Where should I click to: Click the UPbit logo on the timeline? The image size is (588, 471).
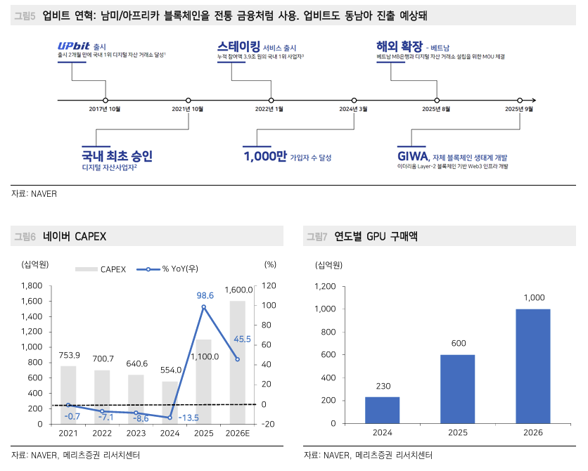click(x=72, y=45)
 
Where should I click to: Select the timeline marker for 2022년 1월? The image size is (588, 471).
click(x=269, y=101)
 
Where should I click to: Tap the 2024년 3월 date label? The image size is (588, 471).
click(x=352, y=109)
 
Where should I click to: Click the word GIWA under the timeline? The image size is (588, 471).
click(x=414, y=156)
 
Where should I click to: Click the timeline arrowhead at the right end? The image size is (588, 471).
click(x=533, y=101)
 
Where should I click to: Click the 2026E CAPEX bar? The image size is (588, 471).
click(x=237, y=362)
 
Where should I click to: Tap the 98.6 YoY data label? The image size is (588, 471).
click(x=205, y=296)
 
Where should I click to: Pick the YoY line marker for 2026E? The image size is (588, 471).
click(x=237, y=359)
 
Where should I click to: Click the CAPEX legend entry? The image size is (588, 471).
click(x=101, y=269)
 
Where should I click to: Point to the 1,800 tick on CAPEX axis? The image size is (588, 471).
click(x=32, y=285)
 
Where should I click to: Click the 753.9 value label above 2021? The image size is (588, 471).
click(x=68, y=354)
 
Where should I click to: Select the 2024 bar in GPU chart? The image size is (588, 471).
click(x=382, y=411)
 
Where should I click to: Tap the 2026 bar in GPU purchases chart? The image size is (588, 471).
click(x=532, y=366)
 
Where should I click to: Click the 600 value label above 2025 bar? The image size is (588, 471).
click(x=457, y=343)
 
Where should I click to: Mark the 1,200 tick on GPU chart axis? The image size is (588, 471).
click(x=326, y=286)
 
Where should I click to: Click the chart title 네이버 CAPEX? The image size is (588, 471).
click(x=74, y=236)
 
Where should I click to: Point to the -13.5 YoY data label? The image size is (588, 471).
click(x=189, y=418)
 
